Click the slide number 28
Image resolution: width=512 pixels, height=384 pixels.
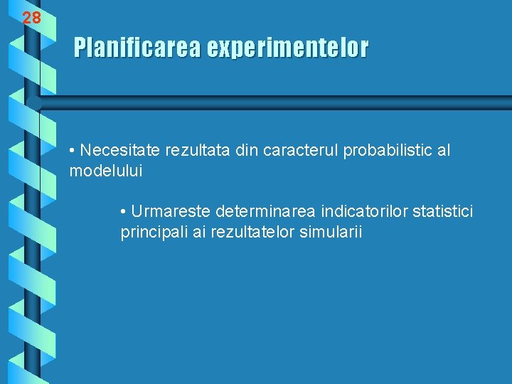[x=31, y=18]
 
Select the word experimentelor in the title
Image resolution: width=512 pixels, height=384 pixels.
[x=287, y=48]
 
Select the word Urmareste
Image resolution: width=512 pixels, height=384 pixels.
[x=171, y=211]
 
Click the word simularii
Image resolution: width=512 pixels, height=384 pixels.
[x=330, y=232]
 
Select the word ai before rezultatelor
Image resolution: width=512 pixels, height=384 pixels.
[x=200, y=232]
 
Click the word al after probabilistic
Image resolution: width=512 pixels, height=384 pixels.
[x=444, y=151]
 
